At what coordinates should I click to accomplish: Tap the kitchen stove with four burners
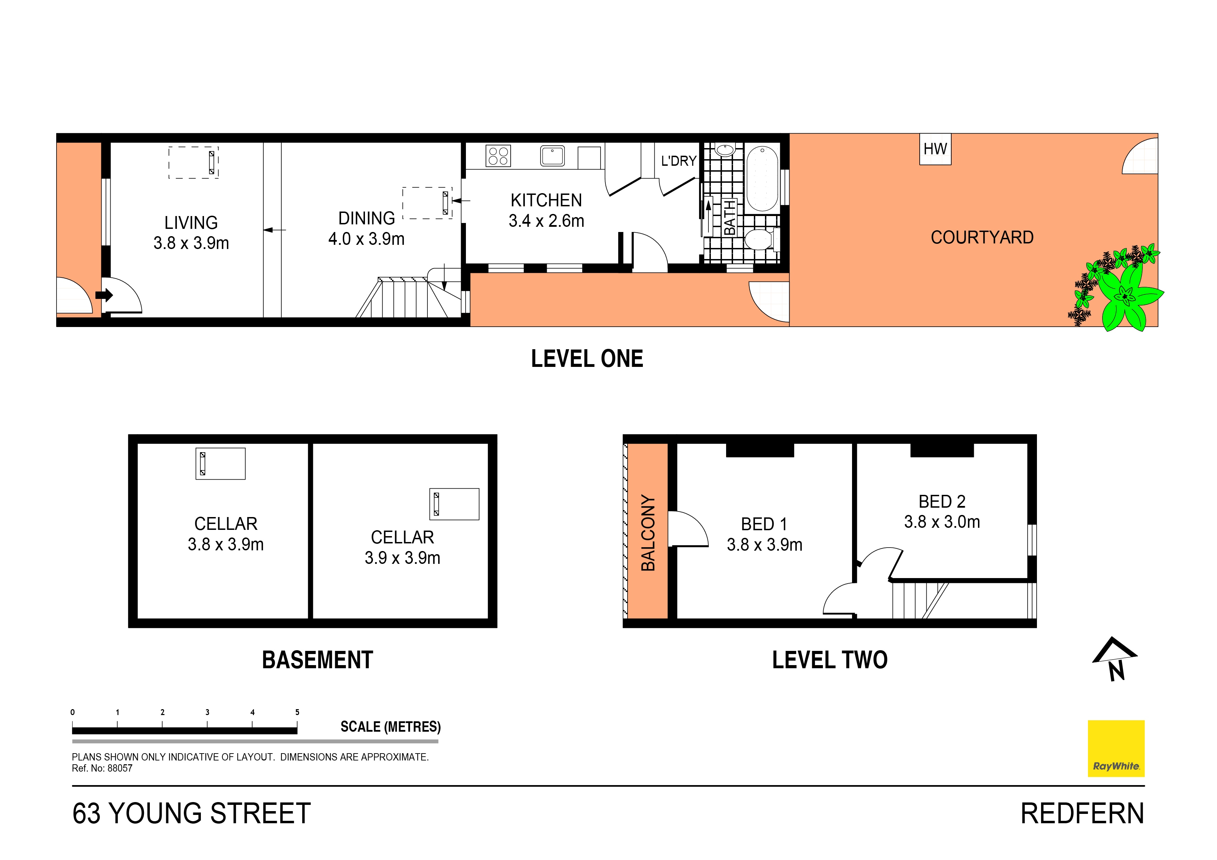tap(498, 156)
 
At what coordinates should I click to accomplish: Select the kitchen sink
tap(552, 156)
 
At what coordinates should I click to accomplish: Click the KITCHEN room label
tap(546, 200)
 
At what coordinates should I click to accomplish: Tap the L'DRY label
tap(679, 161)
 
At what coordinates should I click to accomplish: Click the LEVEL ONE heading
tap(587, 359)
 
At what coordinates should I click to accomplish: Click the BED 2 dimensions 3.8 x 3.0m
tap(942, 522)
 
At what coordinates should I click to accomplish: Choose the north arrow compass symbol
tap(1114, 659)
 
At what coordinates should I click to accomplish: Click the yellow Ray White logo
tap(1116, 748)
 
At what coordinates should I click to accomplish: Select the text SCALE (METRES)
tap(391, 726)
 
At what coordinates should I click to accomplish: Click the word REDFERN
tap(1082, 814)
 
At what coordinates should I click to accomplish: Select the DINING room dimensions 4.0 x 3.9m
tap(366, 239)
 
